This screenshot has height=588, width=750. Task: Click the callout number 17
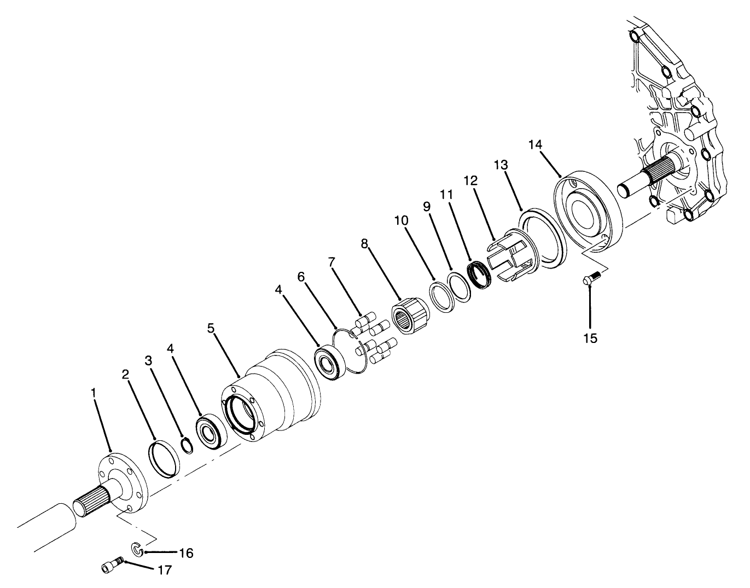164,570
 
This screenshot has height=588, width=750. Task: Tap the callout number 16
186,553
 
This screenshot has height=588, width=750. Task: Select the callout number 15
590,338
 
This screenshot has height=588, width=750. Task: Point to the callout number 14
536,145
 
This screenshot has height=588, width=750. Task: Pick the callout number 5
211,328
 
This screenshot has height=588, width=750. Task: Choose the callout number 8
365,243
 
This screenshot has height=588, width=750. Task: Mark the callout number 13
501,165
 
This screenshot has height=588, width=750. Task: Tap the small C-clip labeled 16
137,549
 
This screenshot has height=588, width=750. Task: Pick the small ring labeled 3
187,446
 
